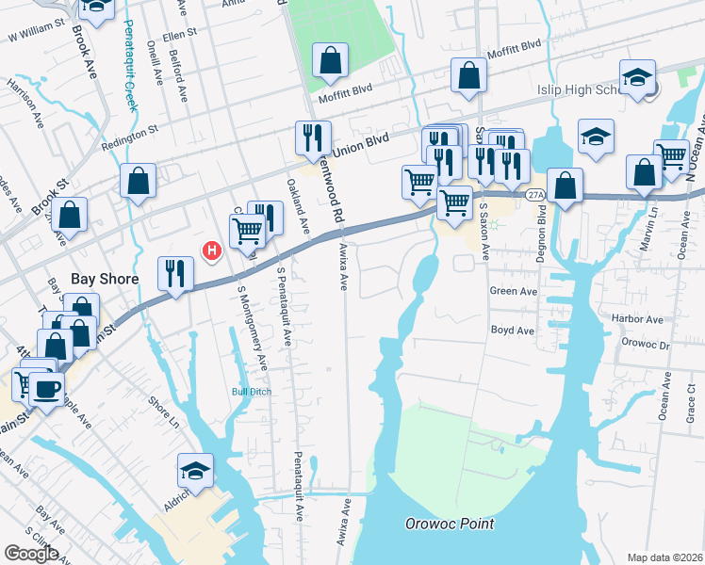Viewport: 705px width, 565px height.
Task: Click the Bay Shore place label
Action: [x=105, y=280]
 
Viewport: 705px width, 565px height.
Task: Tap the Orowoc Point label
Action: [x=450, y=524]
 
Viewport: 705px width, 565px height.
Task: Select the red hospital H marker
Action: [x=213, y=250]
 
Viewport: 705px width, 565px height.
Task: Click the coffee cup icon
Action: [x=46, y=388]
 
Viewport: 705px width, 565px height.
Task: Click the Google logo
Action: [x=31, y=554]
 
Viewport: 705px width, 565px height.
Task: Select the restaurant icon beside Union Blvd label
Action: [x=310, y=137]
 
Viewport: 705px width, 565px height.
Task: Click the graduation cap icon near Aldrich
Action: [x=196, y=470]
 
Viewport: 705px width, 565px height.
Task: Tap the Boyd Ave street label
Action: [x=512, y=331]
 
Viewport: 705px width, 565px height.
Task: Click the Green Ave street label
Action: [x=513, y=292]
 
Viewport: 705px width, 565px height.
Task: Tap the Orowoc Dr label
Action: [x=645, y=345]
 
